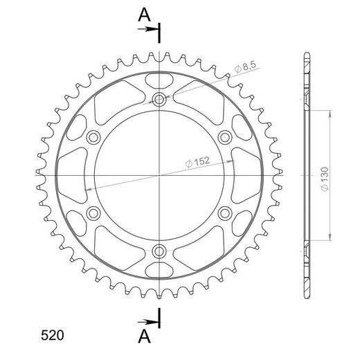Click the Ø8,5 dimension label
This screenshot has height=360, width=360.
coord(245,66)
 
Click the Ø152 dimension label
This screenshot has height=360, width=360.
coord(197,162)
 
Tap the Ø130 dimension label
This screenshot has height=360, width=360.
coord(325,179)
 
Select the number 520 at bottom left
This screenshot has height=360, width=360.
coord(52,335)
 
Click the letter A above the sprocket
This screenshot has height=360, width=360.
coord(144,15)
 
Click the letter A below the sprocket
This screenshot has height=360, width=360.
coord(144,336)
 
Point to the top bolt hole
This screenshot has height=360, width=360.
coord(159,100)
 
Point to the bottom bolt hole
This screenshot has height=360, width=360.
coord(159,251)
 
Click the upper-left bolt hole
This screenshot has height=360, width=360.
coord(93,138)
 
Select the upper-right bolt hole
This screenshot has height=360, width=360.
coord(225,138)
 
